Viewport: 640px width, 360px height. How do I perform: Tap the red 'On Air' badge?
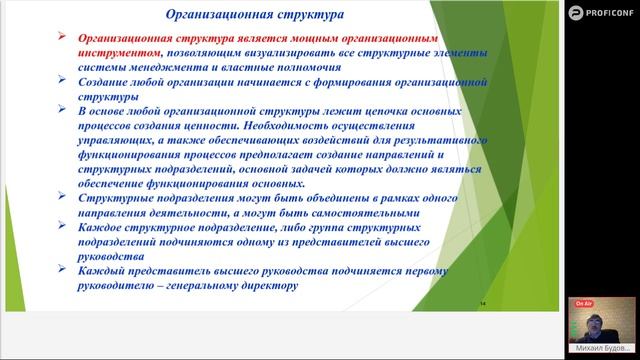click(584, 300)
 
